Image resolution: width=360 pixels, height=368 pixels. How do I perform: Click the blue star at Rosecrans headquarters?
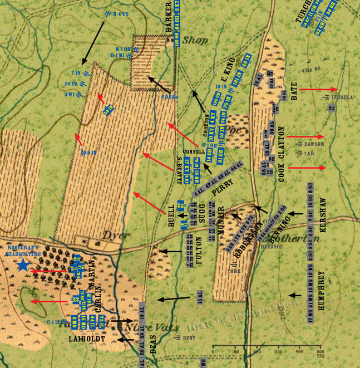23,265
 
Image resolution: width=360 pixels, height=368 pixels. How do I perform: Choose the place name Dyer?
111,234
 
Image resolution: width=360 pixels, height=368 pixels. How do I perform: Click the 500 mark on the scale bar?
319,352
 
